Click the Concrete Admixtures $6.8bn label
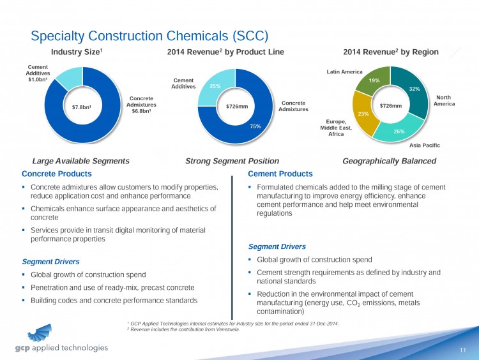(x=141, y=106)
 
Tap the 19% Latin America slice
(x=374, y=80)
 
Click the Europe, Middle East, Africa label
(x=331, y=127)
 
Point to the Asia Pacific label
(x=424, y=146)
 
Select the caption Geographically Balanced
(x=389, y=161)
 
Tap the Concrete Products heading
(x=57, y=174)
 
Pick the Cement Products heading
(x=280, y=174)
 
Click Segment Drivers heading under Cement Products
(x=277, y=246)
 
